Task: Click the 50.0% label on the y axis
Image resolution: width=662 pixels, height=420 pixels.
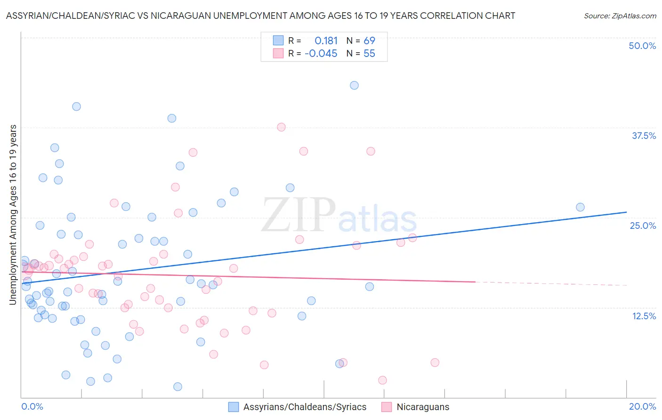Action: pos(642,46)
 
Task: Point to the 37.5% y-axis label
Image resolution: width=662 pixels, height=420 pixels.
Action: pos(644,136)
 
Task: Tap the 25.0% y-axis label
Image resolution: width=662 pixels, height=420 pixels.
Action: pos(643,226)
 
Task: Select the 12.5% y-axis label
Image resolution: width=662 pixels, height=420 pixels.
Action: pos(644,316)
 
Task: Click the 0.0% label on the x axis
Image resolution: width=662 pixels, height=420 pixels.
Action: pos(32,406)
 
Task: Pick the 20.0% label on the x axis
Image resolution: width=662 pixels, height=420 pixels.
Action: pos(642,406)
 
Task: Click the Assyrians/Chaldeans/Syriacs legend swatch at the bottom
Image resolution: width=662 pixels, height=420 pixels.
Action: pos(234,407)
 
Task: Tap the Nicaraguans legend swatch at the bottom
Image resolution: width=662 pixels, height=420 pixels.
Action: pos(387,407)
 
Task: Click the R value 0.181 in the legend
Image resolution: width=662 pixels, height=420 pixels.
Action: pos(326,41)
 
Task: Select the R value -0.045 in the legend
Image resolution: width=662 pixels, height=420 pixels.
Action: pos(321,54)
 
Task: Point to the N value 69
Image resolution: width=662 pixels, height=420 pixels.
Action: pos(369,41)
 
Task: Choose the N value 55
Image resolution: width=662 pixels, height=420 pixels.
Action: pos(369,54)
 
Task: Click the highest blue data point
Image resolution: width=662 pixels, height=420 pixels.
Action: pos(354,85)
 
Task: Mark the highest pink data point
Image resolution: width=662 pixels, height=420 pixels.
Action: pos(281,127)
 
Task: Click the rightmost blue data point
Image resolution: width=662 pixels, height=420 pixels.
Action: pos(580,207)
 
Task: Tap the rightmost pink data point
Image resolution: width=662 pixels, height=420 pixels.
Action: pos(435,363)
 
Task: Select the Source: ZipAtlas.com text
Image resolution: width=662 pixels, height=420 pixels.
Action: pos(620,16)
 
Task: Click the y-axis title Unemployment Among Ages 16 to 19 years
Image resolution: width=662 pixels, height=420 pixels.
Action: pos(13,215)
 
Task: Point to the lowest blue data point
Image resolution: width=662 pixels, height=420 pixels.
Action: pos(178,387)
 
